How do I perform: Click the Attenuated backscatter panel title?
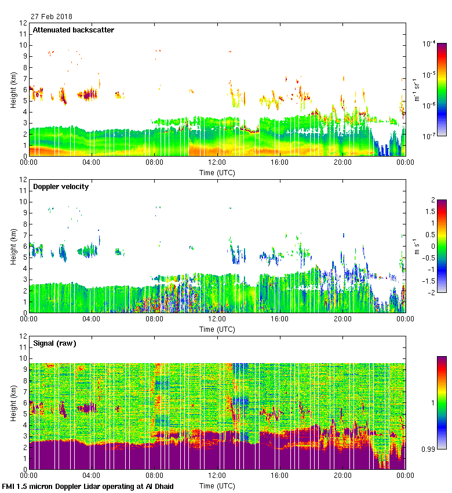pos(74,30)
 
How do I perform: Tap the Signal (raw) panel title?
pos(55,343)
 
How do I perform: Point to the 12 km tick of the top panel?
pos(24,23)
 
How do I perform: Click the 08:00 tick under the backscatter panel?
pos(154,162)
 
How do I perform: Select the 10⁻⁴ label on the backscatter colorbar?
pos(429,44)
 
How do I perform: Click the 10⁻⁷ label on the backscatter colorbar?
pos(429,136)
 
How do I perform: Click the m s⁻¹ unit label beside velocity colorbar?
pos(417,246)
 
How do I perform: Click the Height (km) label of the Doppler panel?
pos(13,246)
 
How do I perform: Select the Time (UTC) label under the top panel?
pos(217,173)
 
